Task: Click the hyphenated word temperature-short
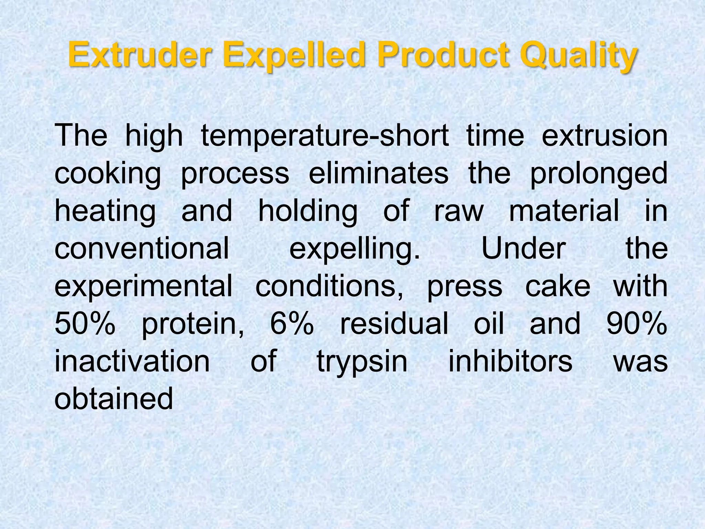325,136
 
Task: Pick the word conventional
141,248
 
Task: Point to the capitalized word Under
523,248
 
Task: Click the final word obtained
114,398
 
